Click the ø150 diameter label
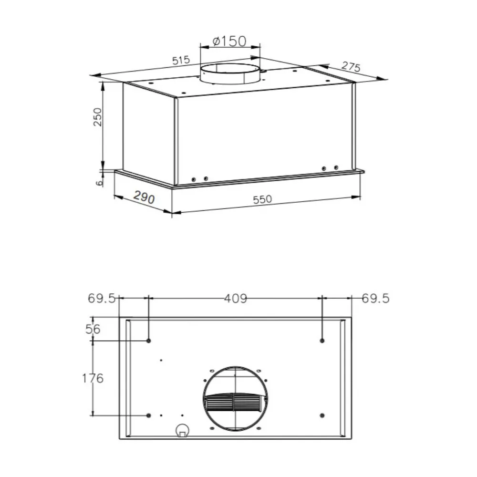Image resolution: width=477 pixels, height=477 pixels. coord(229,41)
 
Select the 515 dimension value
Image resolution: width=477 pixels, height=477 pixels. coord(181,60)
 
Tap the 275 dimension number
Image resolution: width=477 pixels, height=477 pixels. coord(351,67)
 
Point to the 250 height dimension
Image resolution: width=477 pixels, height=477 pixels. coord(97,117)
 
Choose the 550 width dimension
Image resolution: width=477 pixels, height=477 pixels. coord(262,199)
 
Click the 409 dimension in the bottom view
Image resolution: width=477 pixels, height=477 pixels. coord(236,299)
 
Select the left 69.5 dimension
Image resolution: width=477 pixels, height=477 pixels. coord(102,299)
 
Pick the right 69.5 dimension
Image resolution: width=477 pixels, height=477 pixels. coord(375,299)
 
